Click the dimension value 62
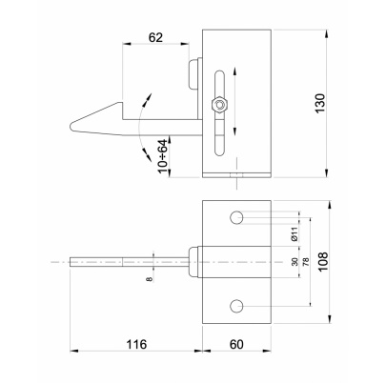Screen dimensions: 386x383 (155, 37)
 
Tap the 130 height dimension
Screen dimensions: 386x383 (320, 103)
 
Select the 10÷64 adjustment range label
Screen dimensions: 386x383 (163, 156)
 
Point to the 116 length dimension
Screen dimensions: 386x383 (136, 344)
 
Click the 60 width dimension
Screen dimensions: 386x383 (236, 344)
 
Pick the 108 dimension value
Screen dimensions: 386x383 (323, 262)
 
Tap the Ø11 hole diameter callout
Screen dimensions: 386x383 (295, 233)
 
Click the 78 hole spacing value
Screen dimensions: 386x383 (306, 262)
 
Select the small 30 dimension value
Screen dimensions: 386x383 (295, 262)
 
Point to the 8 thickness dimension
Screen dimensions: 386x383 (150, 279)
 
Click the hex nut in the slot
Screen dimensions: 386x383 (219, 104)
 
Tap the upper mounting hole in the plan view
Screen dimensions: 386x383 (236, 217)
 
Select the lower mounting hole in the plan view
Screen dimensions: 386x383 (236, 306)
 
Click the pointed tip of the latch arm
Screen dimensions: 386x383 (71, 127)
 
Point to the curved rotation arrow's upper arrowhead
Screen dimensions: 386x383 (149, 98)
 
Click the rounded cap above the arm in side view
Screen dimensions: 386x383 (193, 74)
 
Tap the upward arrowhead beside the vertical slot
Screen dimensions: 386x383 (234, 71)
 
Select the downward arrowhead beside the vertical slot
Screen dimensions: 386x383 (234, 131)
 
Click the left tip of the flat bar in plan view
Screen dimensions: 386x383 (71, 262)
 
